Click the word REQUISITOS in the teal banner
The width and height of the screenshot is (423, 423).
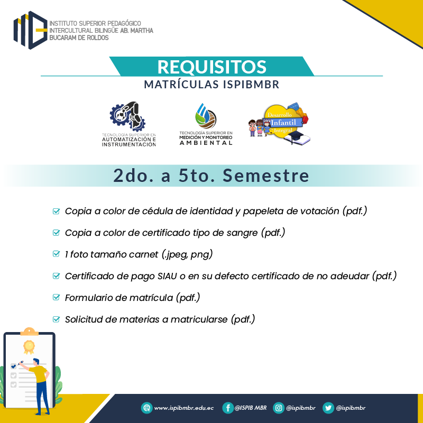tap(212, 67)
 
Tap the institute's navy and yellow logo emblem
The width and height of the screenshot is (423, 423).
tap(31, 30)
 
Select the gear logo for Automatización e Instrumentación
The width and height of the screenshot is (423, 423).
tap(127, 116)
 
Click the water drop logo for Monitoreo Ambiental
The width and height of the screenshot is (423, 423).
tap(206, 116)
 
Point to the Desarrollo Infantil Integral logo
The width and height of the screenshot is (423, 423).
tap(280, 123)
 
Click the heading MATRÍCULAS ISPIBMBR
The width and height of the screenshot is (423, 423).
tap(212, 85)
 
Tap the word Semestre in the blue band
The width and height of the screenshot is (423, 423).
tap(266, 176)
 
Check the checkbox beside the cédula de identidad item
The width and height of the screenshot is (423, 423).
tap(56, 211)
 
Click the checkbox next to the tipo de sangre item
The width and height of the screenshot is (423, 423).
tap(56, 233)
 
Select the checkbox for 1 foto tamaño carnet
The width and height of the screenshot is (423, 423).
tap(56, 254)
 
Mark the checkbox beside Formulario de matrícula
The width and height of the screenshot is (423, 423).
tap(56, 297)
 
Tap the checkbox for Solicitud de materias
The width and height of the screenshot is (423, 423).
tap(56, 319)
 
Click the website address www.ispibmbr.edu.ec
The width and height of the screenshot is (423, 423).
tap(183, 408)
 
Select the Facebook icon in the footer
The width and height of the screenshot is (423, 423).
tap(228, 408)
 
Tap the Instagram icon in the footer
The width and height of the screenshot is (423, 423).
tap(279, 408)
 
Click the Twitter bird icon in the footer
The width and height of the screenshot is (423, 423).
tap(328, 408)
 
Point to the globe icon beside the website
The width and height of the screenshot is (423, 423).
tap(147, 408)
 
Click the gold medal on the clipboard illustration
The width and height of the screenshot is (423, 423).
tap(29, 347)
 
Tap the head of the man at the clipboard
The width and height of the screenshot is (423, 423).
tap(36, 362)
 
